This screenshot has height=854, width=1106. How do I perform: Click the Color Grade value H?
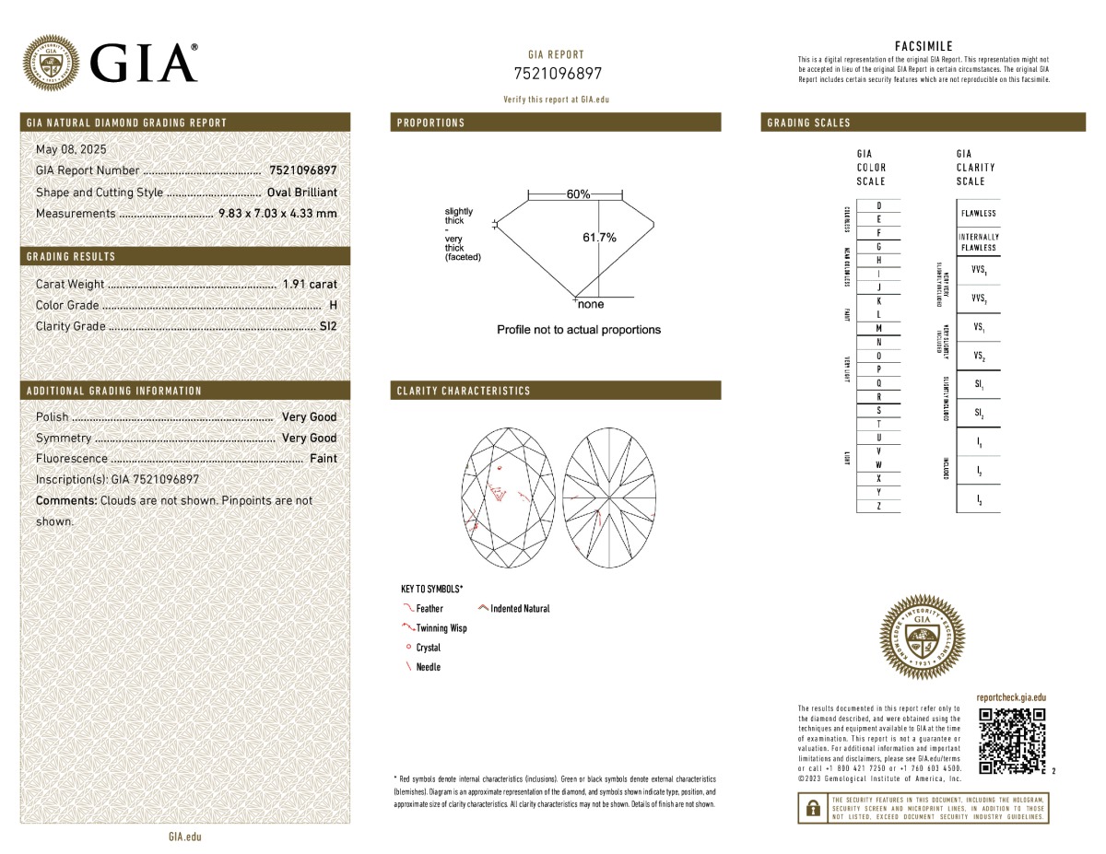click(332, 305)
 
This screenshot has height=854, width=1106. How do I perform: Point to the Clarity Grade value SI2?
click(328, 326)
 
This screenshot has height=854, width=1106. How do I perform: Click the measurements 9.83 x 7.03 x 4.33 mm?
click(277, 214)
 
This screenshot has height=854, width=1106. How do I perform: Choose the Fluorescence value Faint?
click(324, 459)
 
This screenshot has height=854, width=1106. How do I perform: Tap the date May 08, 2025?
click(71, 149)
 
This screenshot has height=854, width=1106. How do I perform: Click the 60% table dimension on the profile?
click(579, 194)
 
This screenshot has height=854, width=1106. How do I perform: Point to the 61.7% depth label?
click(599, 238)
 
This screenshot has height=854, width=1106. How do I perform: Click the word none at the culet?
click(591, 304)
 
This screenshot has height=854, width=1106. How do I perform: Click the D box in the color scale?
click(879, 205)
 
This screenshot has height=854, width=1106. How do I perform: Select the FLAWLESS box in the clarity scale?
click(977, 214)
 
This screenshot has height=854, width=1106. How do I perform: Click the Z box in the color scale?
click(879, 507)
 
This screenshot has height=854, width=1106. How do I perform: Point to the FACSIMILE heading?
click(924, 46)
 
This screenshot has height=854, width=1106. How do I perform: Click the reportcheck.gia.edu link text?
click(1011, 699)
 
